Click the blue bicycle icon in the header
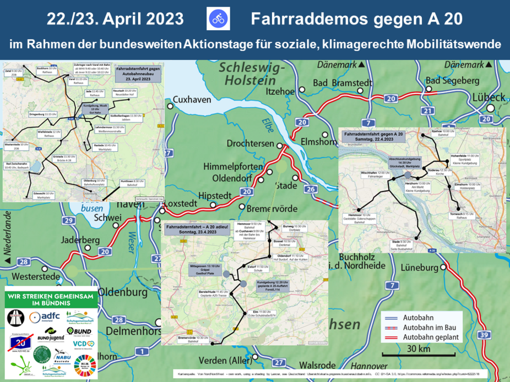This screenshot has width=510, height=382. coord(218,19)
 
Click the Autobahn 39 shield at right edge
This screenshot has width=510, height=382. coord(484,335)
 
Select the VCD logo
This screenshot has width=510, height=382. coord(84,344)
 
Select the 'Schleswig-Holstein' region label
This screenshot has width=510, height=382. coord(252,74)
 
